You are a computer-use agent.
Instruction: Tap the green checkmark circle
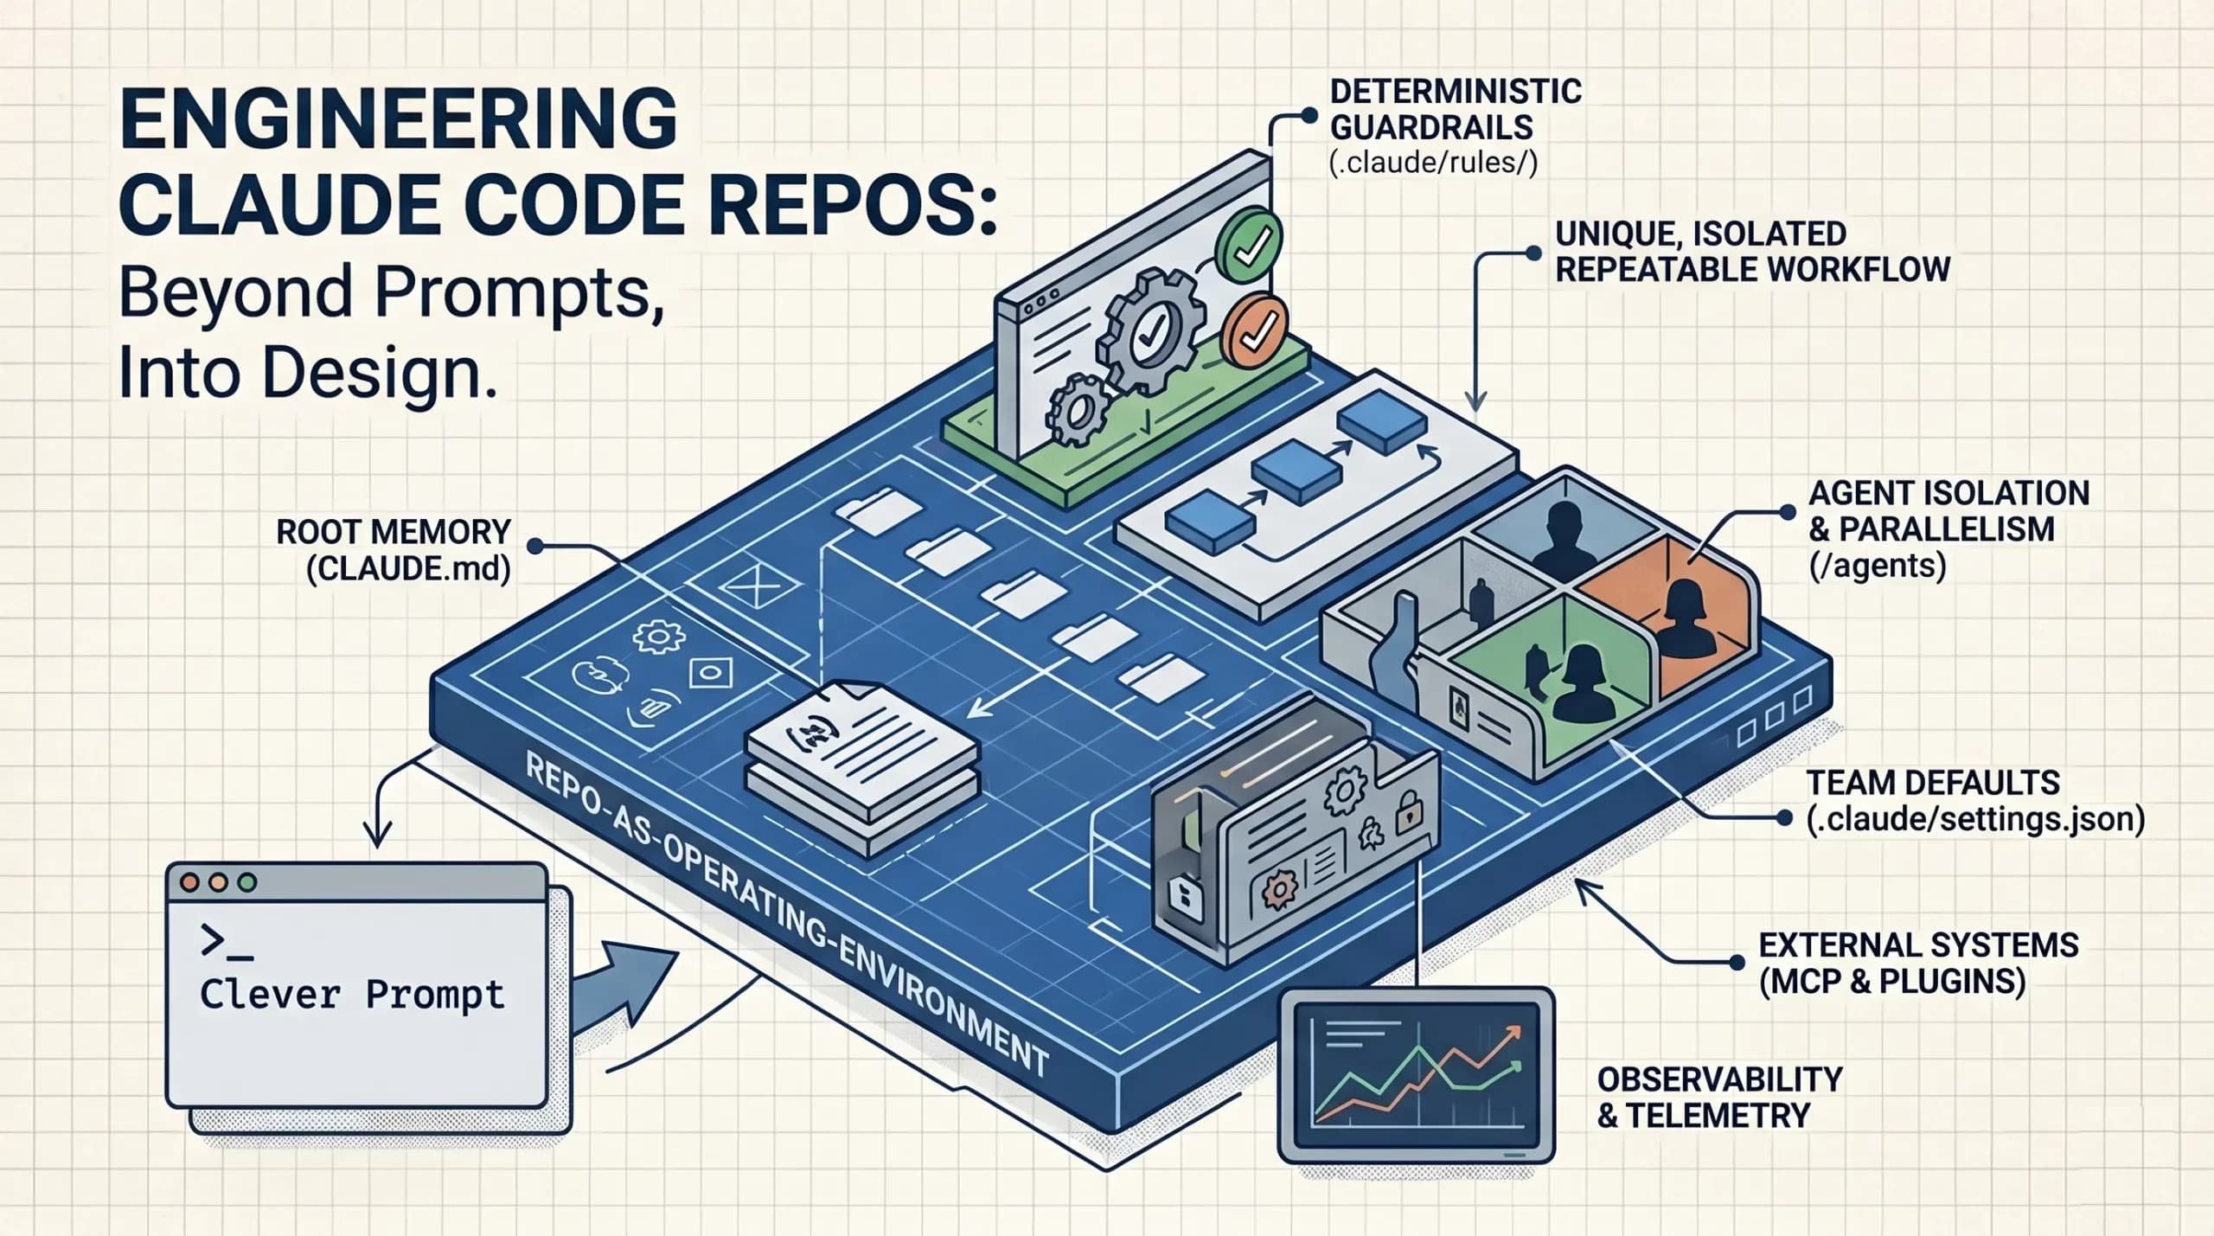(1248, 242)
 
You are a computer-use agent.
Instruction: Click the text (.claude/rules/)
(1433, 163)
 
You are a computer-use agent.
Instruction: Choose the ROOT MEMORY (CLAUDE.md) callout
(394, 550)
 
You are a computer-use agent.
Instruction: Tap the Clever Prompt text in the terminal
(352, 994)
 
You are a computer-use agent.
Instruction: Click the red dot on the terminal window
(189, 883)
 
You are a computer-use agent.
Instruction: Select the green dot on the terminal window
(247, 883)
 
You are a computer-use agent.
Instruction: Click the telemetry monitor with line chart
(1416, 1075)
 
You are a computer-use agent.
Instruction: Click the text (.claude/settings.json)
(1975, 819)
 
